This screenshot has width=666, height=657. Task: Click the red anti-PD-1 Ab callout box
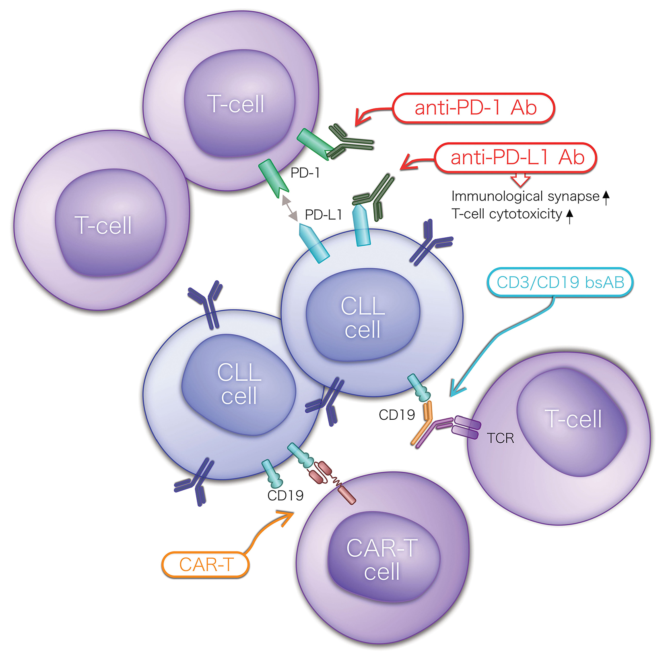(474, 108)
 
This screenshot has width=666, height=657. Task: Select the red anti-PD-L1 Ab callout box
(515, 158)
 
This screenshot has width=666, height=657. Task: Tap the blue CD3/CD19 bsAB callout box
(560, 282)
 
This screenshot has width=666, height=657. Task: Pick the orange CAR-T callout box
(205, 564)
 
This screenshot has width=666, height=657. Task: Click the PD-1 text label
(305, 173)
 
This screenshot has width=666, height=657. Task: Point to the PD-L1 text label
(323, 215)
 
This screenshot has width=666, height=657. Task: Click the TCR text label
(500, 438)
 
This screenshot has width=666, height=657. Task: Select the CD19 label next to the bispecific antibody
(397, 415)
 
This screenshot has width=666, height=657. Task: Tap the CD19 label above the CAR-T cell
(285, 495)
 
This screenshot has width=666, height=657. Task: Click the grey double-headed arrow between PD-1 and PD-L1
(289, 208)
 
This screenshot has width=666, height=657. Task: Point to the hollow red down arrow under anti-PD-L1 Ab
(520, 180)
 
